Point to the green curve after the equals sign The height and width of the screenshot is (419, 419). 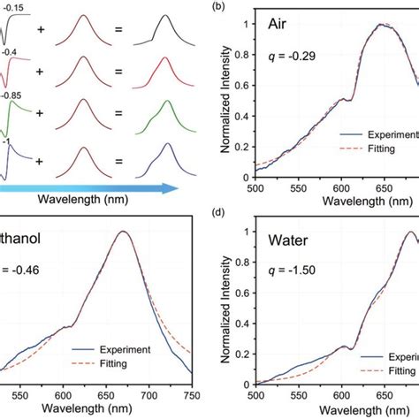(155, 119)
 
